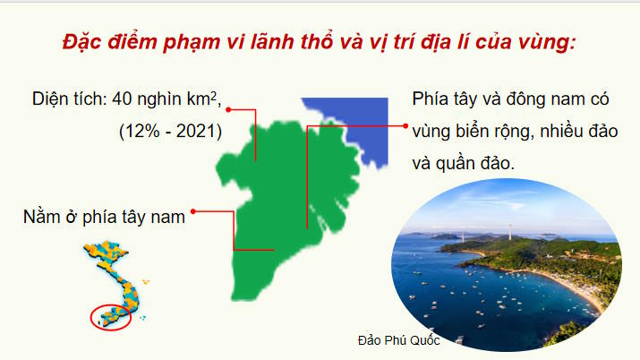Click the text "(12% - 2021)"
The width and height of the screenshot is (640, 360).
170,130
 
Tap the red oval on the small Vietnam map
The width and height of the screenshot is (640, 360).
111,315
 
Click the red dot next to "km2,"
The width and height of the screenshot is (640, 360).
229,109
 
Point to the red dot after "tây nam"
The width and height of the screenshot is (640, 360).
193,212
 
